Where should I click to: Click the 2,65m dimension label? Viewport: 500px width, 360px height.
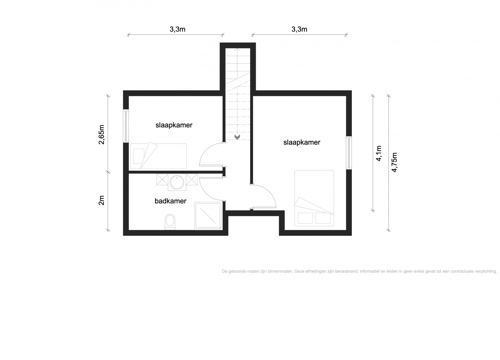click(102, 135)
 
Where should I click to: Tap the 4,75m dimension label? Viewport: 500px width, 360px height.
click(394, 162)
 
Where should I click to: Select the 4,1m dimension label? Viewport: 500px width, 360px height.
click(379, 153)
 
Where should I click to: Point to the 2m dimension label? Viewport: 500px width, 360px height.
click(102, 200)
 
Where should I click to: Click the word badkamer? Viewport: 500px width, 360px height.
click(170, 201)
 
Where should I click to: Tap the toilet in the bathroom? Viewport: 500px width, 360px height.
click(170, 222)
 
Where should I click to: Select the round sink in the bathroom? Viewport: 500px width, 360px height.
click(177, 182)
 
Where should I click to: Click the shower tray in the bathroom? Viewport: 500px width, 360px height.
click(208, 216)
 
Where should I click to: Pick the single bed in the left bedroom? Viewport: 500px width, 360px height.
click(158, 156)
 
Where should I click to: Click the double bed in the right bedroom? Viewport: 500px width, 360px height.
click(314, 198)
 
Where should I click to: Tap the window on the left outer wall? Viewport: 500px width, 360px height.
click(126, 126)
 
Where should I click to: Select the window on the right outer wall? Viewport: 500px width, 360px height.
click(349, 153)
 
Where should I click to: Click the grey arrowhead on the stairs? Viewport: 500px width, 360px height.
click(237, 137)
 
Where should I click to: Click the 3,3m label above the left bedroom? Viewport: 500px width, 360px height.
click(177, 29)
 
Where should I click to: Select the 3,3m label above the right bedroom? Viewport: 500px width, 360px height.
click(299, 29)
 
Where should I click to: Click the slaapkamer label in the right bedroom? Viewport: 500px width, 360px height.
click(302, 142)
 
